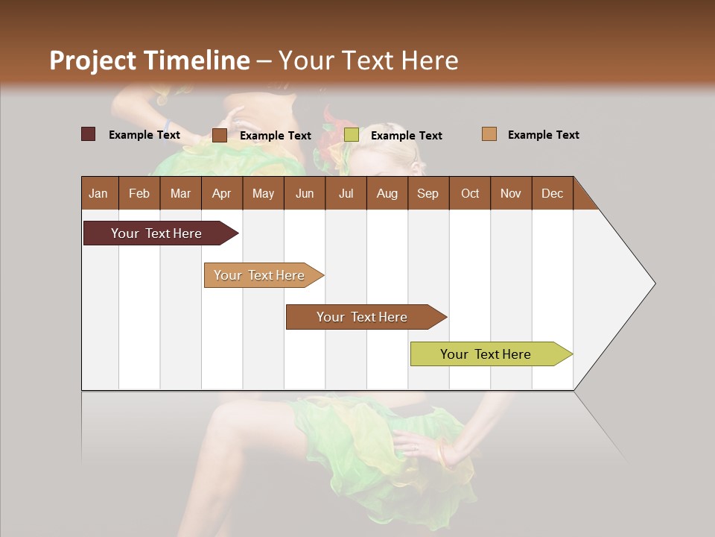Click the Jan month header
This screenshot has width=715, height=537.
point(98,193)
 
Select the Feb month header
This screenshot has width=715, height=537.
point(139,193)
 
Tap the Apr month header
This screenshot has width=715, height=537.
point(221,193)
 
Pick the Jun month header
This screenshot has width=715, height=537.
point(305,193)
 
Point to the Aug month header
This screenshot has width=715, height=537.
point(387,193)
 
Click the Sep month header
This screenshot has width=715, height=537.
point(428,193)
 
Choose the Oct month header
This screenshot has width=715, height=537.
point(470,193)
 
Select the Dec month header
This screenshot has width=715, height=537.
point(552,193)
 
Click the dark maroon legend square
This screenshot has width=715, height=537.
point(88,134)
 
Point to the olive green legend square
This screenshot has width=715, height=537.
point(352,135)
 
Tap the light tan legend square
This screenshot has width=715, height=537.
point(489,134)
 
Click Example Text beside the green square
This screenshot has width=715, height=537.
point(406,136)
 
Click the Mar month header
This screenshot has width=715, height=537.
point(180,193)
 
